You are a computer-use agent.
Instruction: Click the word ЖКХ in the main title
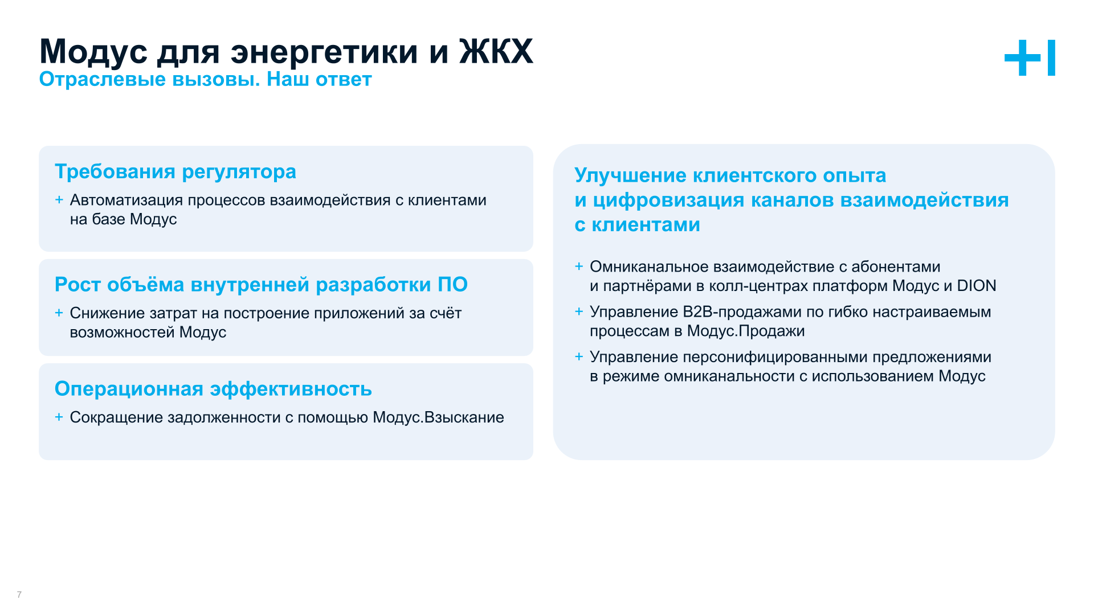(x=496, y=51)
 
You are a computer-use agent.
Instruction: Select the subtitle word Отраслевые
(x=103, y=80)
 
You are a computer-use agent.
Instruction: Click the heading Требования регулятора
(x=175, y=171)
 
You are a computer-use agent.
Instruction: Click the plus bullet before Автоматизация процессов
(x=59, y=200)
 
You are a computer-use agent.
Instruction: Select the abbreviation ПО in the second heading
(x=452, y=284)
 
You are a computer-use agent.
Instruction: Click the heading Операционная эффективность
(x=213, y=389)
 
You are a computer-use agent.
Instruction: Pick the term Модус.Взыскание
(x=438, y=417)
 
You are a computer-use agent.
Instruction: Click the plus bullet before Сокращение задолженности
(x=59, y=417)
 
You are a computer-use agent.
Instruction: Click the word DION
(x=976, y=286)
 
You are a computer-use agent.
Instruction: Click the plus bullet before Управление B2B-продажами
(x=579, y=311)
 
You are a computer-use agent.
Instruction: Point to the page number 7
(x=19, y=594)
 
